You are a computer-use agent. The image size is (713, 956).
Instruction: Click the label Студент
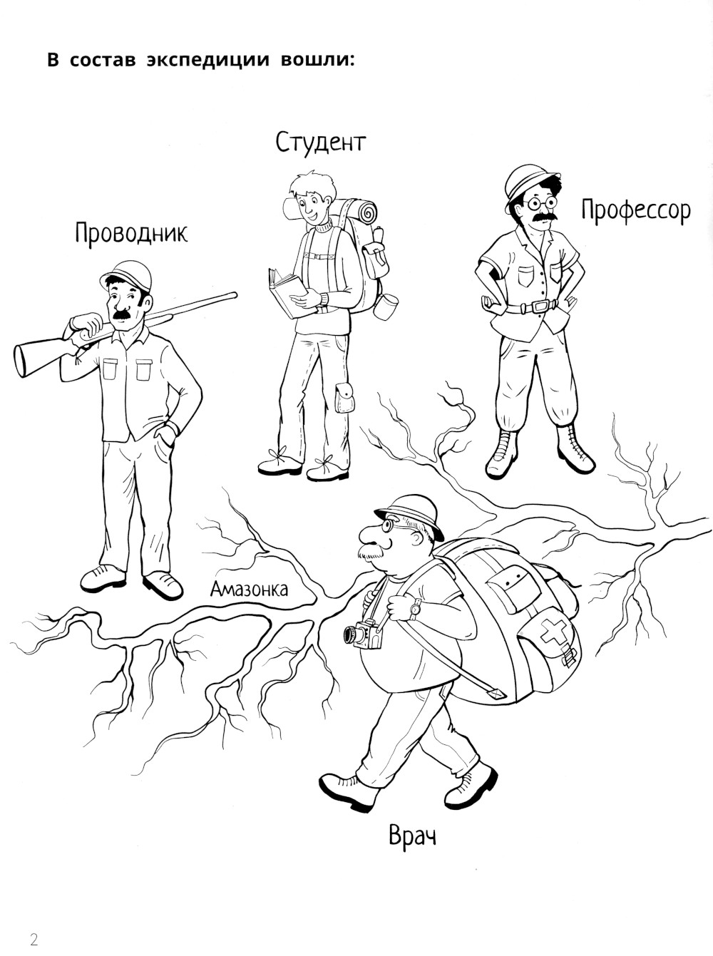(321, 143)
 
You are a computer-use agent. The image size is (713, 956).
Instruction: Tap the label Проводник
(131, 233)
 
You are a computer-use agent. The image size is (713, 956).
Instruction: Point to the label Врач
(412, 836)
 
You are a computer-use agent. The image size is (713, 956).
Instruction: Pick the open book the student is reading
(288, 290)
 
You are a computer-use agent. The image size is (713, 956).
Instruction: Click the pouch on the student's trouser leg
(345, 398)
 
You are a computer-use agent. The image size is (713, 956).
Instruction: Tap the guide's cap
(126, 274)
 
